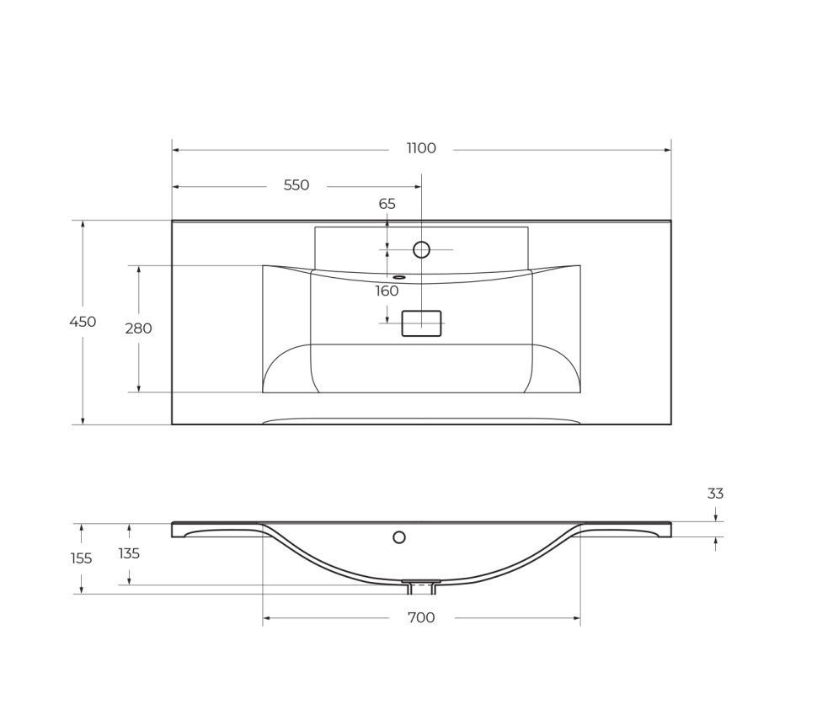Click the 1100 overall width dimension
tap(421, 149)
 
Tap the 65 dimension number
tap(387, 205)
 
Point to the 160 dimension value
tap(387, 291)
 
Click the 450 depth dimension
tap(83, 322)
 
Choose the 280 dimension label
tap(138, 328)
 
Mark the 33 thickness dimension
tap(715, 494)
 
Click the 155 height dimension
tap(82, 558)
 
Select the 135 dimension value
tap(129, 554)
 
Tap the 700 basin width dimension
tap(421, 618)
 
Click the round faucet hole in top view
tap(421, 249)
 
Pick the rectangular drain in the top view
tap(421, 323)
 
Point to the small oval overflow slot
tap(399, 277)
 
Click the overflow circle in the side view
tap(399, 537)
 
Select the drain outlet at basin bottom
tap(421, 585)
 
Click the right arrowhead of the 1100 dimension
tap(667, 150)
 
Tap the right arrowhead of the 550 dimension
tap(418, 187)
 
